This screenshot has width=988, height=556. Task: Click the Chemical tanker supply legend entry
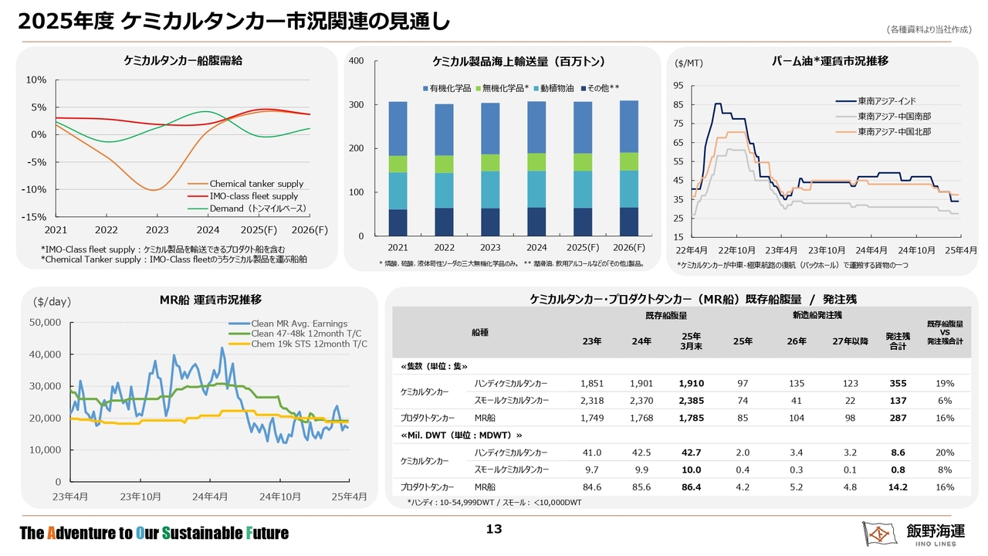click(245, 184)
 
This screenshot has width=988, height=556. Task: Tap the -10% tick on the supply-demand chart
click(34, 190)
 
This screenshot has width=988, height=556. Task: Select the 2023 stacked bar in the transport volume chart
click(490, 169)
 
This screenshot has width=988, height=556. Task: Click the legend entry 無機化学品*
click(502, 88)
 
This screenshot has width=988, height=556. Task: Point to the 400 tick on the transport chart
click(357, 61)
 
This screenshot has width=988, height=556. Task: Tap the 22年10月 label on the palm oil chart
click(736, 251)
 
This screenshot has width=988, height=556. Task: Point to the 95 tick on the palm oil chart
click(678, 86)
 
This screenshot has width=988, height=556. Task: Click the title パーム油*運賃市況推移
click(830, 61)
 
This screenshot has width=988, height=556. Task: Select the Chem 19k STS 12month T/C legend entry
click(298, 344)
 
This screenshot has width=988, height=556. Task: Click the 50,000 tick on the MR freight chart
click(45, 323)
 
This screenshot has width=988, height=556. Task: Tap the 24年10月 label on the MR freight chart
click(280, 497)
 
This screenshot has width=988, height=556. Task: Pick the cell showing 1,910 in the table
click(691, 384)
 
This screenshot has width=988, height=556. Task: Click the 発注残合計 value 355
click(898, 384)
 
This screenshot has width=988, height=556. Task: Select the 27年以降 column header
click(850, 341)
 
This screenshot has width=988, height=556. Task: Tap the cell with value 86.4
click(691, 487)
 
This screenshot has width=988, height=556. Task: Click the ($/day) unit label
click(52, 302)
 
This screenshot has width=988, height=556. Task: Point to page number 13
click(494, 529)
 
